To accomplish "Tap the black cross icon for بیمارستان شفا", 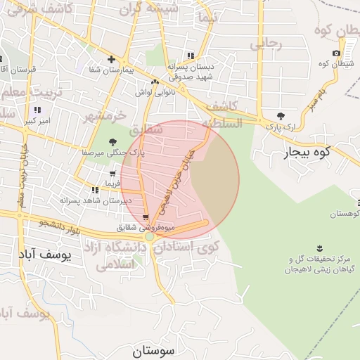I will (x=111, y=59).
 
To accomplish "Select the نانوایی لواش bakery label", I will (x=153, y=92).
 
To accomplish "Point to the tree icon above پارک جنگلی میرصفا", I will (x=113, y=143).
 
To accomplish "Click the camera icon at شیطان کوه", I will (x=336, y=54).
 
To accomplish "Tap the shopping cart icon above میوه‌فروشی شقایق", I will (x=146, y=218).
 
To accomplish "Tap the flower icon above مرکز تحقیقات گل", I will (x=321, y=248).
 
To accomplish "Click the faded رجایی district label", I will (x=266, y=44).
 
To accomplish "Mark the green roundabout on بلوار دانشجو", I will (x=150, y=238).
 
